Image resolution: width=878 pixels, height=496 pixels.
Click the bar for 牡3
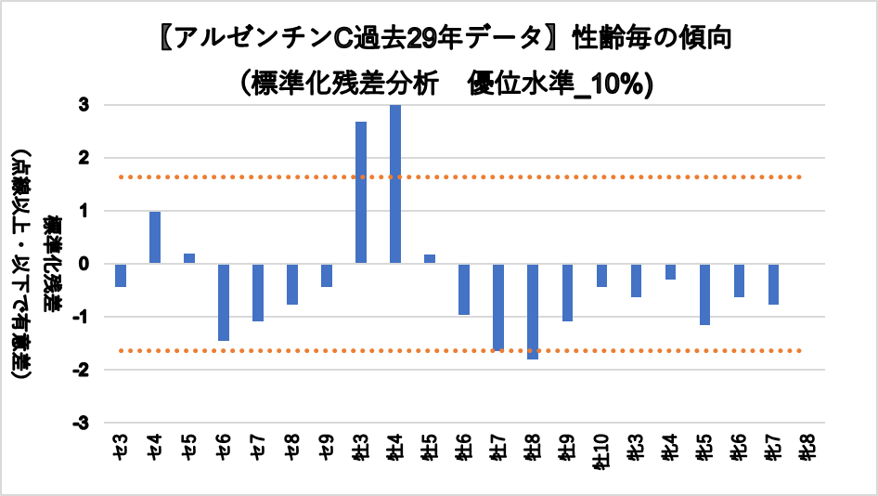(361, 192)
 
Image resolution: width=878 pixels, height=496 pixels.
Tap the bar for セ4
(155, 238)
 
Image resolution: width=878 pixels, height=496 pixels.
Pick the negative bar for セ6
(224, 302)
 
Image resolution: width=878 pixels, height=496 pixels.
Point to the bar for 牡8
(533, 311)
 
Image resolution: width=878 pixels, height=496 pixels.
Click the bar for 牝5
(704, 294)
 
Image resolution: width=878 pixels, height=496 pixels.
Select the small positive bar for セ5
(189, 258)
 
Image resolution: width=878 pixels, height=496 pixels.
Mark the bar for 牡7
(498, 307)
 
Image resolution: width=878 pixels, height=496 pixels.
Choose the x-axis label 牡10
(601, 458)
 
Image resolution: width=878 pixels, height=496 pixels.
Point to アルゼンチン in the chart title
(254, 39)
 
